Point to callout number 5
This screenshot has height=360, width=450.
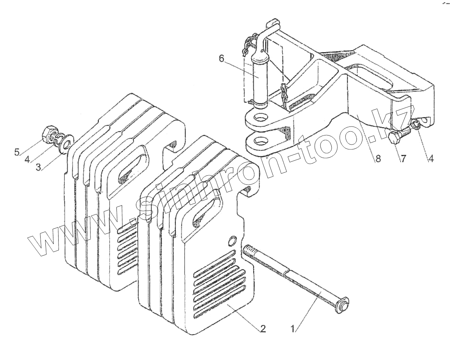(x=17, y=152)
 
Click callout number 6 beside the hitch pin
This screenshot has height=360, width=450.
(x=221, y=58)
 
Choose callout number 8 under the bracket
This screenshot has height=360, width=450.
(x=377, y=159)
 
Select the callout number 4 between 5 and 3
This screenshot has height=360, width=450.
(x=27, y=160)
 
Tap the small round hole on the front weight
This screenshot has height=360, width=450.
(x=233, y=239)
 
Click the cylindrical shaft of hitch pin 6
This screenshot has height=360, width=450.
(x=259, y=81)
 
